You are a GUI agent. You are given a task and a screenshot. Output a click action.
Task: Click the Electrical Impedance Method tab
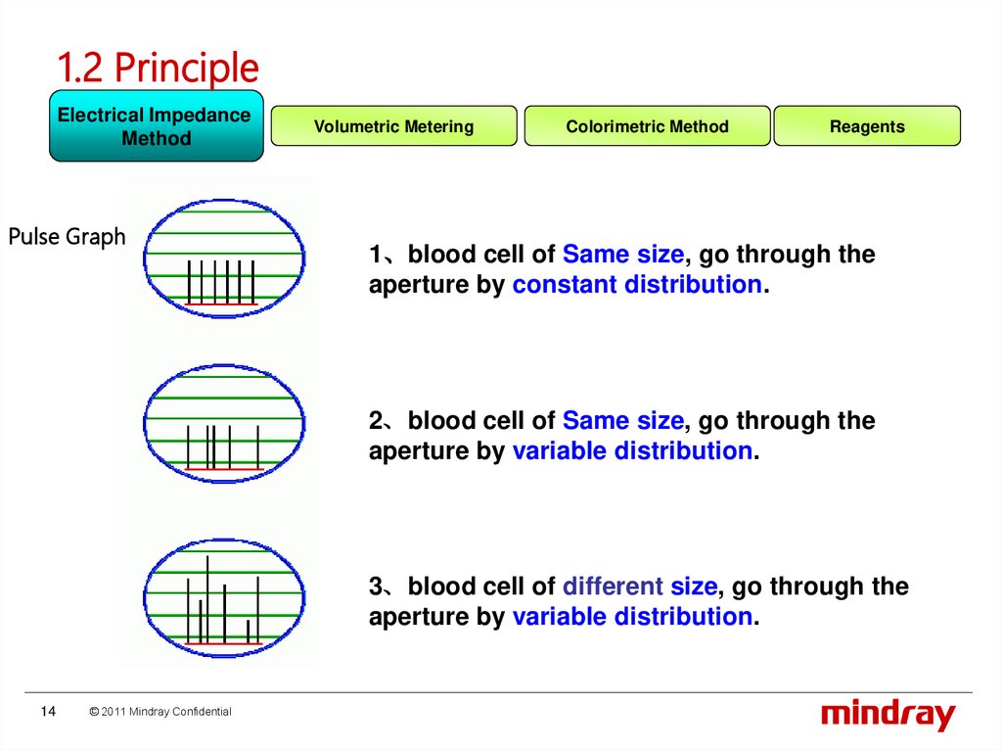(x=156, y=126)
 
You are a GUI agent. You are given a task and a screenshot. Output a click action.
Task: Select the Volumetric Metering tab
(x=393, y=126)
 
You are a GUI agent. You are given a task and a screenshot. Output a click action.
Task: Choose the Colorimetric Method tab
(x=647, y=126)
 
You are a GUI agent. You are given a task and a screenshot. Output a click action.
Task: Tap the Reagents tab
(x=867, y=126)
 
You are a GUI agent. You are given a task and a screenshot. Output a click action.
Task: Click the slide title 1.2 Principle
(x=158, y=68)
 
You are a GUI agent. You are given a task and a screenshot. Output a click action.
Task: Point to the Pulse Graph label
(x=67, y=236)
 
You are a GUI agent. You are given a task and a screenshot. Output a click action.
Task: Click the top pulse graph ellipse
(x=224, y=258)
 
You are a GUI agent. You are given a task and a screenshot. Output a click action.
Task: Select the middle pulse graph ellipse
(x=224, y=423)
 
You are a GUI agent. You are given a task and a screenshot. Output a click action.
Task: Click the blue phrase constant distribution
(x=636, y=285)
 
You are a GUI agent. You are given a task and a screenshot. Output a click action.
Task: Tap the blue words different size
(x=640, y=587)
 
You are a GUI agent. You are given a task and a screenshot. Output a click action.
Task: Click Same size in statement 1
(x=623, y=255)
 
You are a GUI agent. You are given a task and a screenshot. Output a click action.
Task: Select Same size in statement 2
(x=623, y=421)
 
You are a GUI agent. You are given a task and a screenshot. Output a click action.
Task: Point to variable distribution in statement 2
(x=632, y=451)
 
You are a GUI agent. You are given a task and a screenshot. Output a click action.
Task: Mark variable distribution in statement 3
(x=632, y=617)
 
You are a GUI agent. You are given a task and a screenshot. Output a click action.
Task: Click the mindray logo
(x=888, y=715)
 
